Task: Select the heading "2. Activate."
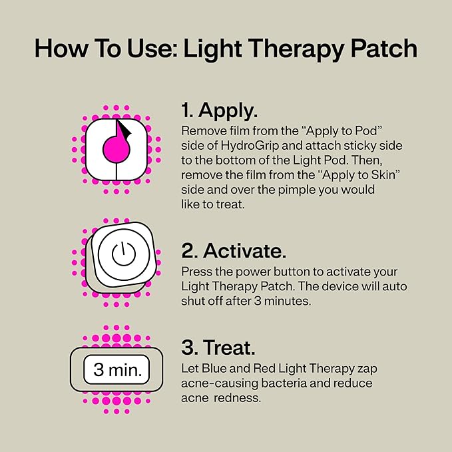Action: coord(234,251)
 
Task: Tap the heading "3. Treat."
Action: coord(218,348)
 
